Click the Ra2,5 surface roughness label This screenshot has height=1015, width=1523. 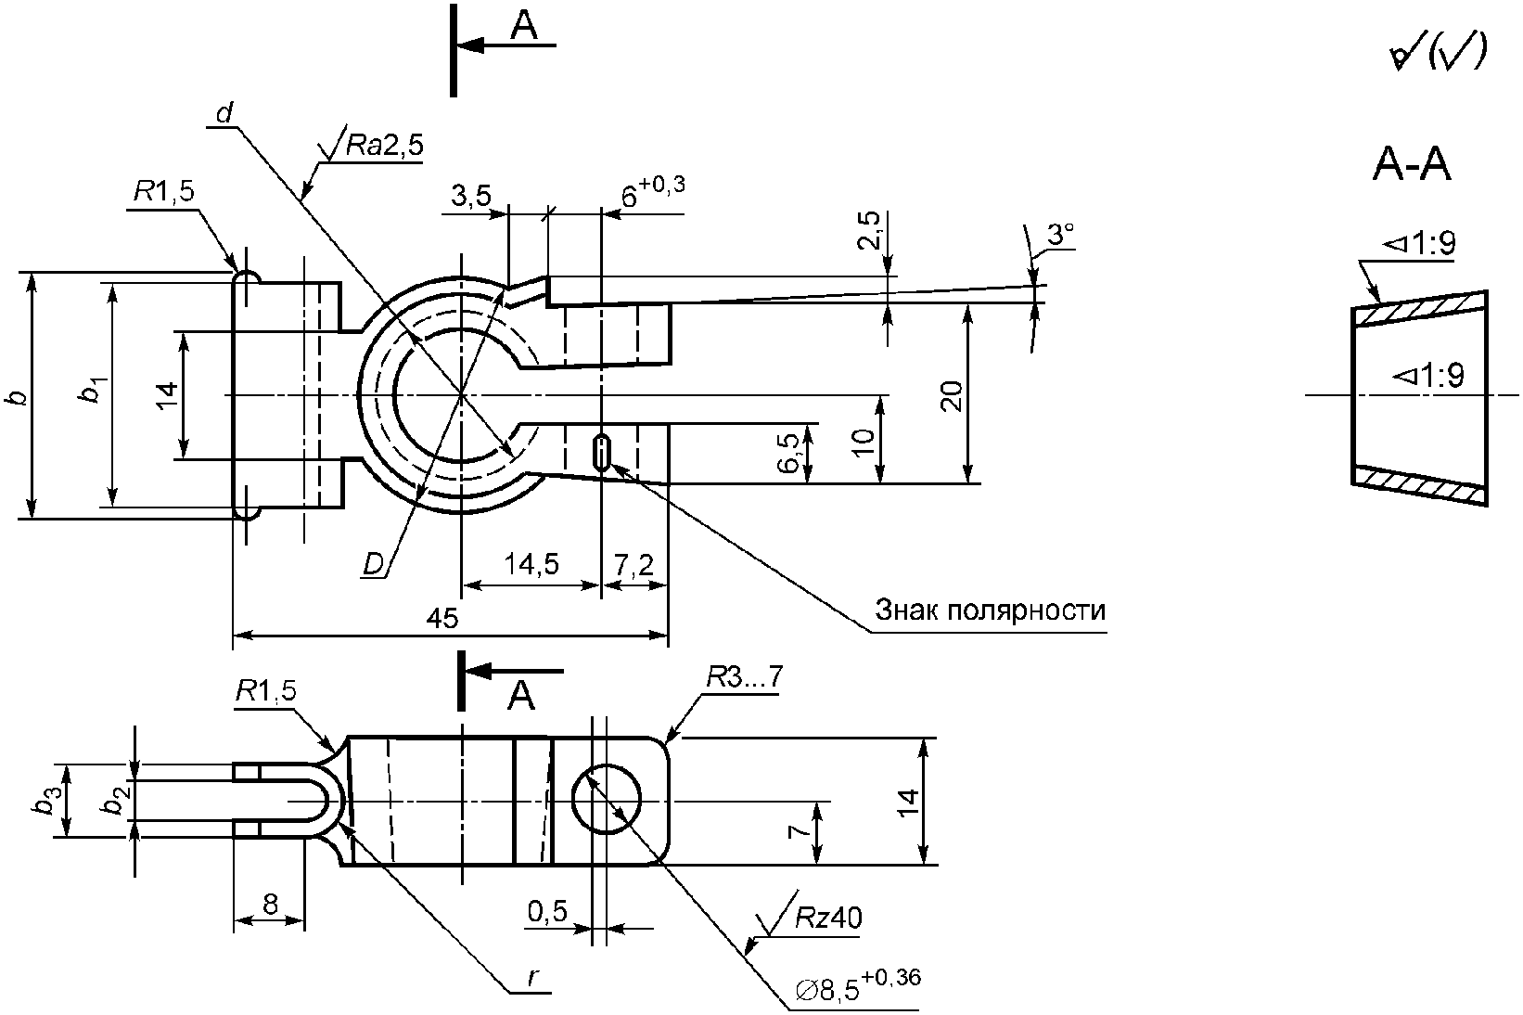385,145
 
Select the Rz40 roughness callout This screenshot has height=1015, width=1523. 828,919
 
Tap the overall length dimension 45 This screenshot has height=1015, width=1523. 442,619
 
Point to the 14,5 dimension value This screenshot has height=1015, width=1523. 531,564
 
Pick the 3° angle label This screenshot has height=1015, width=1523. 1060,234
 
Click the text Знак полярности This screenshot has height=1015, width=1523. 990,610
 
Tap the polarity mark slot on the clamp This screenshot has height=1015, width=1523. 601,452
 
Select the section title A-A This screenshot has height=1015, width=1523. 1413,164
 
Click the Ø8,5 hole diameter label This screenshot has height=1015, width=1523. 857,985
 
